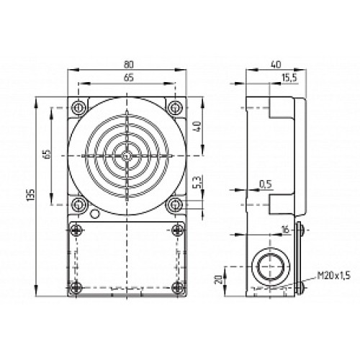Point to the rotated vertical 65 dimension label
(x=47, y=156)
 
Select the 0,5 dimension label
(x=266, y=184)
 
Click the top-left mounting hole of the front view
(x=77, y=107)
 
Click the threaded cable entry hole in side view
(x=270, y=264)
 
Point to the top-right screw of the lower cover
(x=177, y=230)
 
